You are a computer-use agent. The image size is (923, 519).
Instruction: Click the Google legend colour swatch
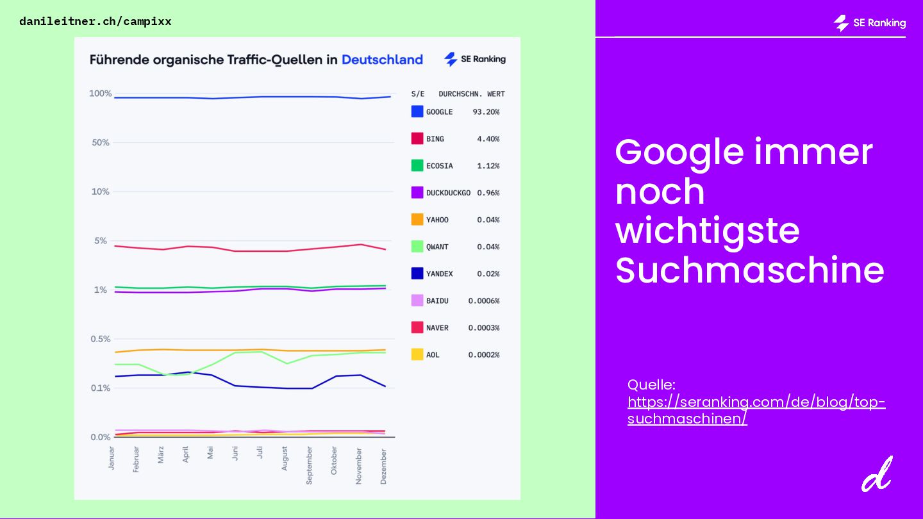click(x=417, y=111)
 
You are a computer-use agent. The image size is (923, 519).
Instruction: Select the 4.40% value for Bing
click(x=488, y=139)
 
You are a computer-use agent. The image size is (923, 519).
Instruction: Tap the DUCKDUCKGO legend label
click(x=448, y=193)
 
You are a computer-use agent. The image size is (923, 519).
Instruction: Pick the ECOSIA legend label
click(x=439, y=166)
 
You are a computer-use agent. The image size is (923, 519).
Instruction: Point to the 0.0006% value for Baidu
click(x=483, y=301)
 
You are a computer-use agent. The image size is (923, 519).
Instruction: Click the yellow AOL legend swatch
click(x=417, y=354)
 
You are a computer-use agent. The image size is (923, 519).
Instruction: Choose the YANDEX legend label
click(x=439, y=274)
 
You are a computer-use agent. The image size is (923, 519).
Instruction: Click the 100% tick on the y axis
click(x=100, y=94)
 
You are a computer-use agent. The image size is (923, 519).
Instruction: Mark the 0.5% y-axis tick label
click(x=99, y=339)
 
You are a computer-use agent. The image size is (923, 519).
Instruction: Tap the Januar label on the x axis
click(x=112, y=458)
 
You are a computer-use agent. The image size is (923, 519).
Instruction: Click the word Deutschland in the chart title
click(x=382, y=60)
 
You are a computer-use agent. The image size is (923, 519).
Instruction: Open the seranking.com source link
click(x=756, y=411)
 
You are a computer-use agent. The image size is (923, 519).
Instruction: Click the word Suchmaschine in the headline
click(x=749, y=270)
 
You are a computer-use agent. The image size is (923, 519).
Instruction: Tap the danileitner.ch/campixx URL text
click(x=96, y=21)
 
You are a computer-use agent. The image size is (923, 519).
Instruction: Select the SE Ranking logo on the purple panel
click(x=869, y=23)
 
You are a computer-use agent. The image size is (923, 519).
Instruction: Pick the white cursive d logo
click(x=876, y=474)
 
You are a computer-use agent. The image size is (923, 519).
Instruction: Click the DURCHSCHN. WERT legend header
click(x=471, y=94)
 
